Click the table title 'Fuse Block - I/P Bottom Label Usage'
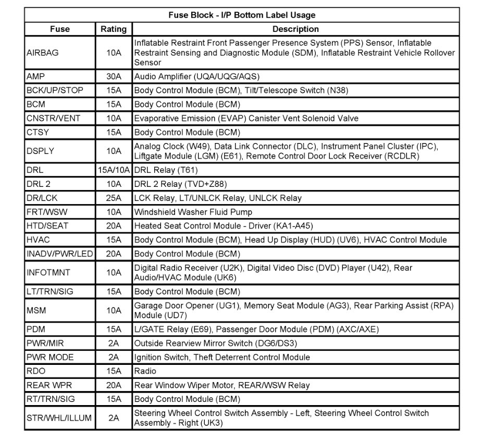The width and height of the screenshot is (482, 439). tap(242, 15)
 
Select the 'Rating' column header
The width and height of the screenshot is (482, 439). tap(114, 29)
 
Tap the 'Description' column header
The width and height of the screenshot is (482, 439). tap(295, 29)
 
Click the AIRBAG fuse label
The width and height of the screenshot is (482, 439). tap(43, 53)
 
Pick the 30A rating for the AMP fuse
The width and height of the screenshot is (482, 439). tap(114, 76)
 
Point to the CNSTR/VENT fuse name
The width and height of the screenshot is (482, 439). tap(53, 118)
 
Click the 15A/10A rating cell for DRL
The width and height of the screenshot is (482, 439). tap(114, 170)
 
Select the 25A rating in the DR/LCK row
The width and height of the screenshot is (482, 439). tap(114, 198)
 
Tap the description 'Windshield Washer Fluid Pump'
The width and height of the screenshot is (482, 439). tap(193, 212)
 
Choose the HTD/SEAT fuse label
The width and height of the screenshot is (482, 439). tap(47, 226)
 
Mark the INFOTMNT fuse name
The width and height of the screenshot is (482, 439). tap(48, 272)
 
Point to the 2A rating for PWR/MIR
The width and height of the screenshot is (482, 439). tap(114, 343)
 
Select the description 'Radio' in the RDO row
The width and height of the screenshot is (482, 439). tap(145, 371)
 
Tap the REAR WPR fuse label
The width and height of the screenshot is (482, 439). tap(49, 385)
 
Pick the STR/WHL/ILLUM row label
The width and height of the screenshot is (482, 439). tap(59, 418)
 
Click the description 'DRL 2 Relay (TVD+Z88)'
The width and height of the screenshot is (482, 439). tap(180, 184)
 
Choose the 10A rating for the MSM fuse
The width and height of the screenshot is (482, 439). tap(114, 311)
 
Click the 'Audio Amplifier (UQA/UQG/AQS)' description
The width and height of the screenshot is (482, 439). tap(196, 76)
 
